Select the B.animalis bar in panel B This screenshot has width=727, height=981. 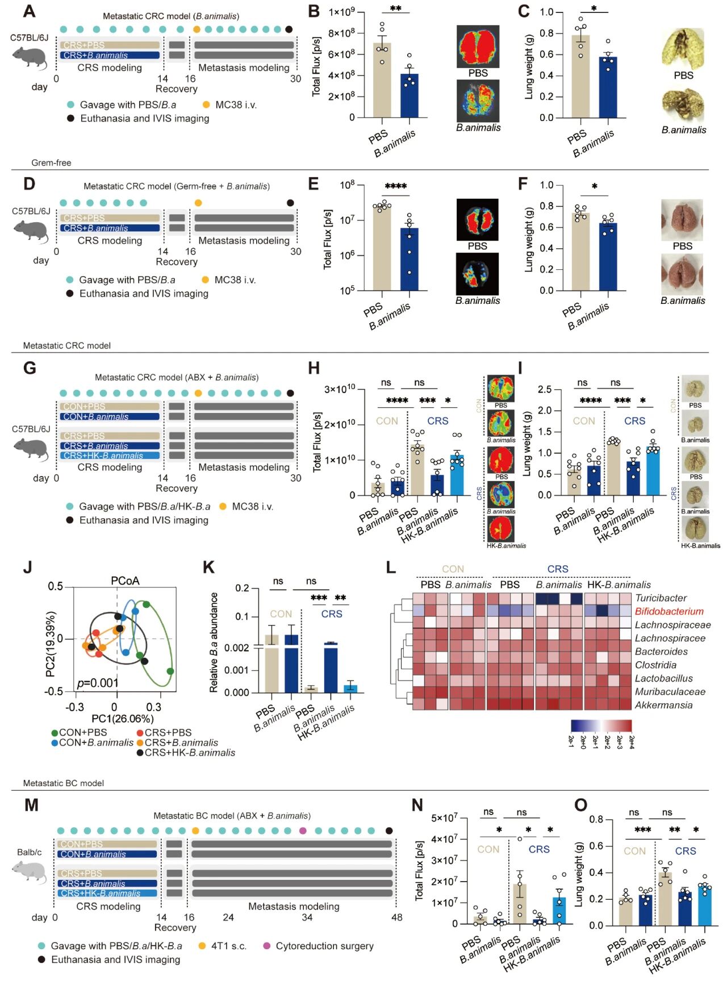(x=409, y=95)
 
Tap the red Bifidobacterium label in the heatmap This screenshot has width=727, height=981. (x=669, y=611)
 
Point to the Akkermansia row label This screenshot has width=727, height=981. (x=663, y=705)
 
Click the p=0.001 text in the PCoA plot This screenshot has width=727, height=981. (x=98, y=683)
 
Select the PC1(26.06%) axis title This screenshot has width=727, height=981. (x=122, y=719)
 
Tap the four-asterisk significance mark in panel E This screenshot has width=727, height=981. (x=395, y=186)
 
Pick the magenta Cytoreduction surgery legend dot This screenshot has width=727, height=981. (x=267, y=946)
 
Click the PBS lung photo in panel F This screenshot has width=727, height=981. (x=682, y=220)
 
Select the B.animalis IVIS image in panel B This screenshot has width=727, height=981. (x=478, y=101)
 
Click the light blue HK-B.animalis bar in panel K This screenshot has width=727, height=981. (x=350, y=688)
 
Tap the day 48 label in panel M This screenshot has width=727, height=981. (x=396, y=917)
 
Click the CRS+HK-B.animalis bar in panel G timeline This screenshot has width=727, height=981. (x=110, y=456)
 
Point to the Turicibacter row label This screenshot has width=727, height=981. (x=661, y=598)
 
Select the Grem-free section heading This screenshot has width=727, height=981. (x=51, y=163)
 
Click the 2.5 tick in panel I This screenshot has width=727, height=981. (x=544, y=390)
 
